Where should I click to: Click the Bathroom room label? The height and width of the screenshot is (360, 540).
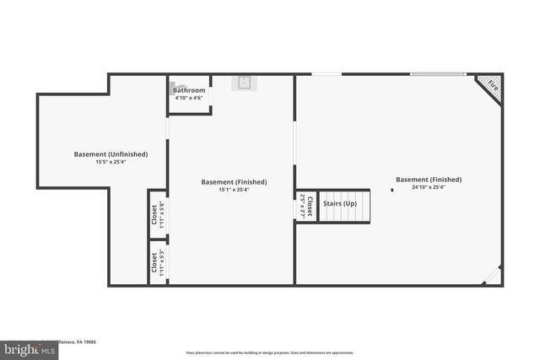click(x=189, y=90)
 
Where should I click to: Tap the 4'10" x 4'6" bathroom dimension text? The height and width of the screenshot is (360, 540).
click(x=189, y=98)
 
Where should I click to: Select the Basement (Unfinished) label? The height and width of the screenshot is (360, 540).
click(x=111, y=154)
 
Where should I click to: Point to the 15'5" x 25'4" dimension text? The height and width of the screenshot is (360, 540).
click(x=111, y=162)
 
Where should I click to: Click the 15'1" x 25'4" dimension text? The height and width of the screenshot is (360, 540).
click(x=234, y=190)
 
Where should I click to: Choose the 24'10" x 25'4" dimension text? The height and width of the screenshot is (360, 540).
click(x=429, y=187)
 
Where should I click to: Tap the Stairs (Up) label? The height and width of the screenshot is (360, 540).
click(x=340, y=204)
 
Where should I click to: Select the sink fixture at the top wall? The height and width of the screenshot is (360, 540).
click(x=244, y=82)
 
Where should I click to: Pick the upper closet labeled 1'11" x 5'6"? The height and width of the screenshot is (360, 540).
click(x=158, y=214)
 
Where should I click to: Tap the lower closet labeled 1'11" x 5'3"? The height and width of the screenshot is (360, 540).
click(x=158, y=263)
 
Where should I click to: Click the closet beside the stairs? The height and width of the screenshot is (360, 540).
click(x=306, y=207)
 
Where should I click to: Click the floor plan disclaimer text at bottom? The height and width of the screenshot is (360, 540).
click(x=269, y=352)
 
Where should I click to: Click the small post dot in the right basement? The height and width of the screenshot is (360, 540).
click(x=392, y=191)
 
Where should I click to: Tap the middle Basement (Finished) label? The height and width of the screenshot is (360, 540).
click(x=234, y=182)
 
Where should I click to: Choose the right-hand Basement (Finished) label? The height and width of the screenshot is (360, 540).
click(x=429, y=180)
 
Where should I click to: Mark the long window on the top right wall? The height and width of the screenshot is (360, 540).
click(x=438, y=74)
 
